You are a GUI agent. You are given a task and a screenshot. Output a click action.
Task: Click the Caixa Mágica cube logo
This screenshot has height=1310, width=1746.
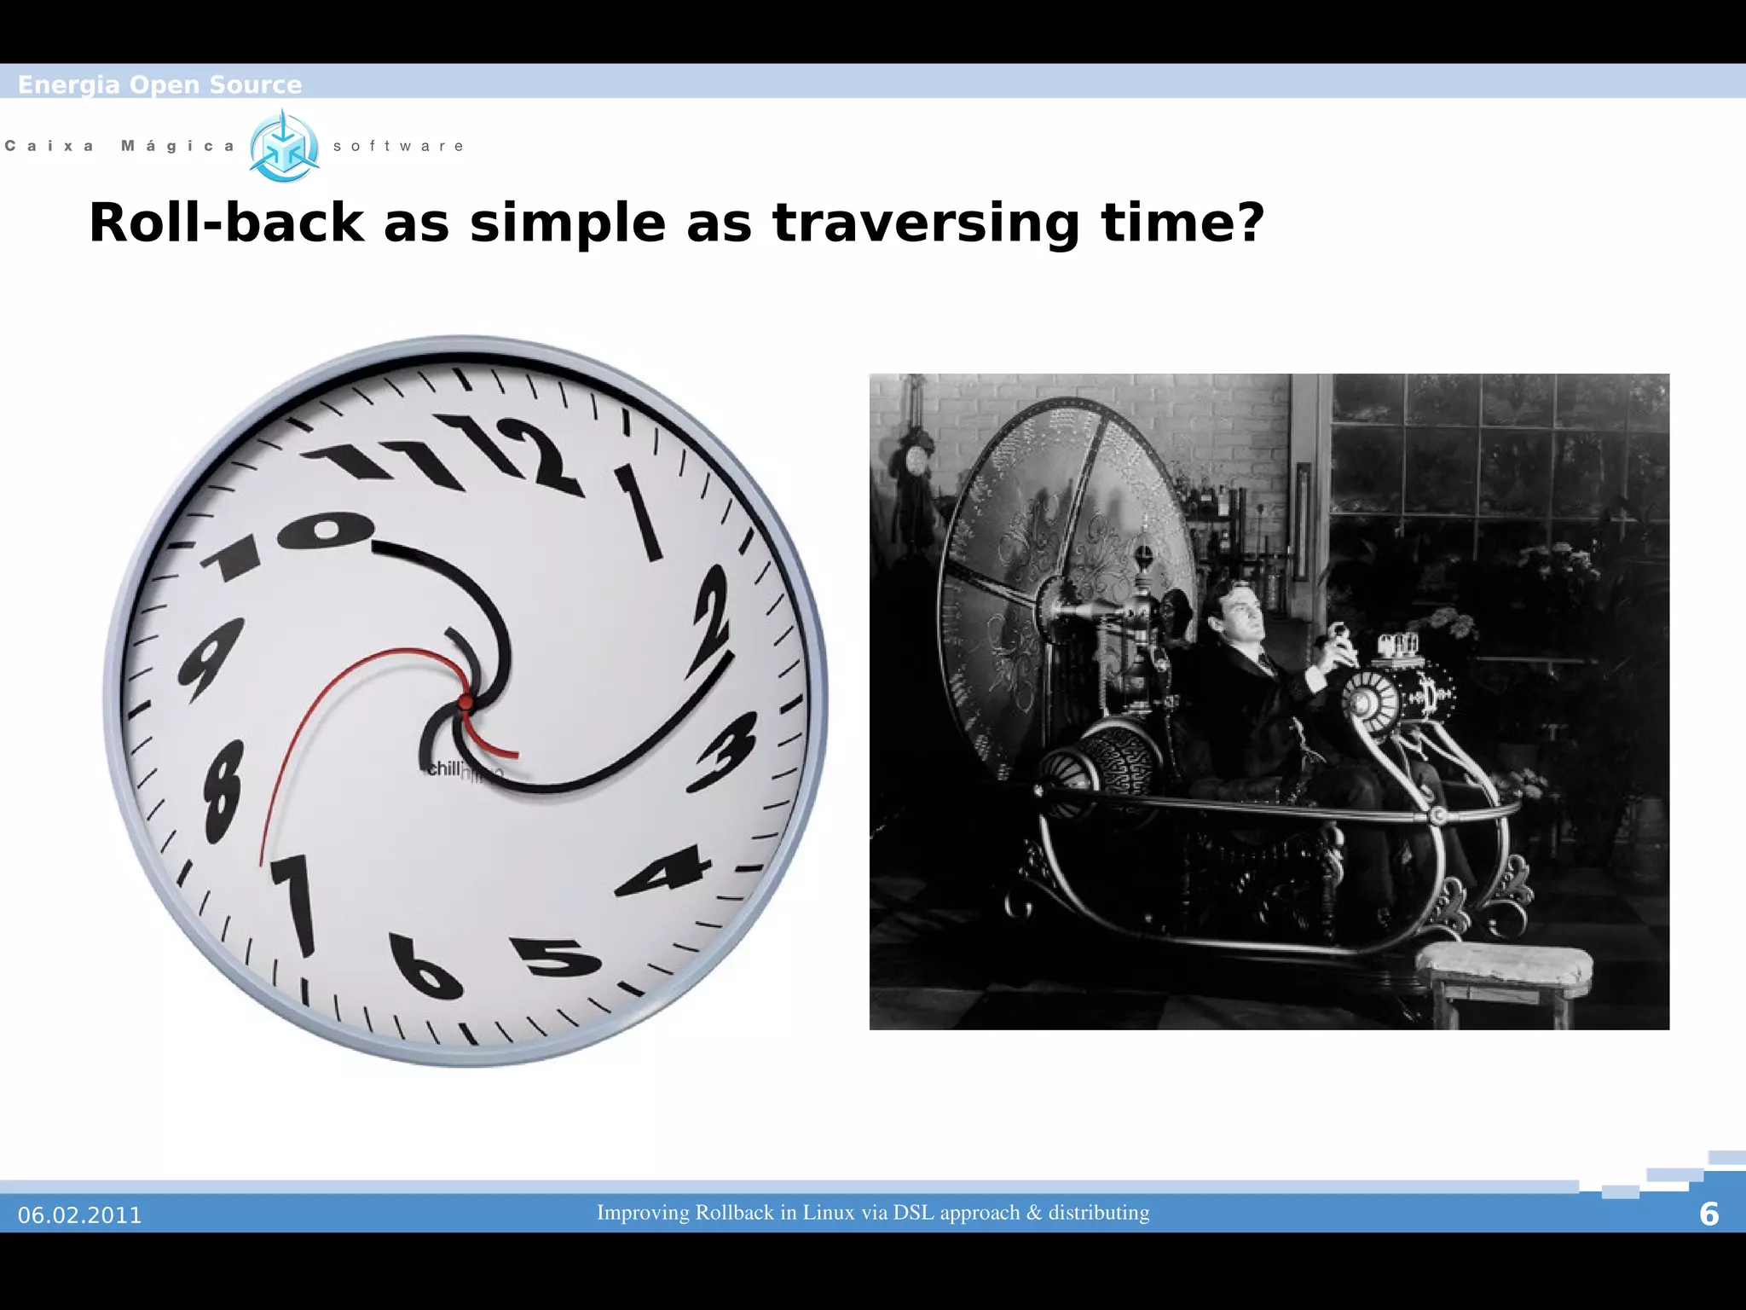284,147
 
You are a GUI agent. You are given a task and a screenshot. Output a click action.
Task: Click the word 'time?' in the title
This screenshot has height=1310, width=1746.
1182,223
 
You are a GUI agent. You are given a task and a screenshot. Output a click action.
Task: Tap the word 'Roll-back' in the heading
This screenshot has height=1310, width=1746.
227,223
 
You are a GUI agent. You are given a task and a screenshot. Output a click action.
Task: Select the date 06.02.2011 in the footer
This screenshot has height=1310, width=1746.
79,1214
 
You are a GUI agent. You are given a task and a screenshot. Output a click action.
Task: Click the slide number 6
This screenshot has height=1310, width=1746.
1708,1214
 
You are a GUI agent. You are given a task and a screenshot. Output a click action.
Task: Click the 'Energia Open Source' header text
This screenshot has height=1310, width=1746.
159,84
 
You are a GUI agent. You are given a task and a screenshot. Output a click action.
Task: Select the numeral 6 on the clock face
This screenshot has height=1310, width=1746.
424,967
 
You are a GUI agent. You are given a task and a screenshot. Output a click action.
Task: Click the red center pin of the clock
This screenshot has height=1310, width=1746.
465,703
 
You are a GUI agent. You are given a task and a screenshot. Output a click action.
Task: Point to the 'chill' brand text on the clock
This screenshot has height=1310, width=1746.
443,768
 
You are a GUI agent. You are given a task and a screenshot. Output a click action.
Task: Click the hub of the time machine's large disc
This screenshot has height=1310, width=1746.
1055,602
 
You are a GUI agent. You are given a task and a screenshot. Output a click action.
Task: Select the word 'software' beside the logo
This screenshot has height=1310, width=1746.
398,146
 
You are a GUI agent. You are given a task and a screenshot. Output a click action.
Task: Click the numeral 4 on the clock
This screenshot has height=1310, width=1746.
666,871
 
